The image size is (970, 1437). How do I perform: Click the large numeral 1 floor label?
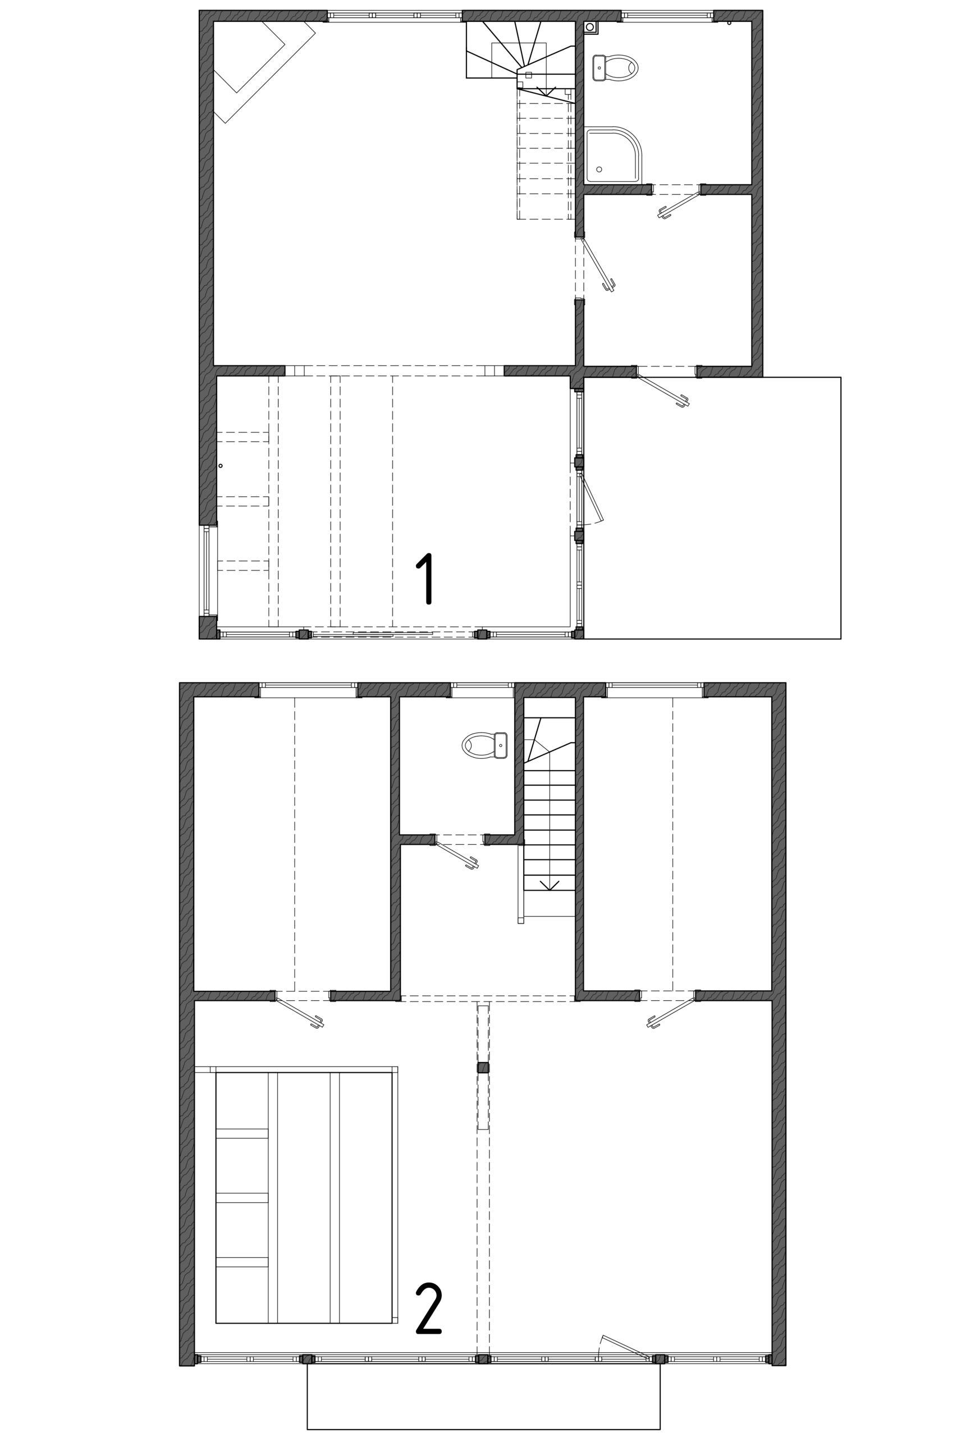point(425,578)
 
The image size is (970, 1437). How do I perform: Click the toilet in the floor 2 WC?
point(484,745)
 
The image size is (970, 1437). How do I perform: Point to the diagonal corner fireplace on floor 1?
point(264,72)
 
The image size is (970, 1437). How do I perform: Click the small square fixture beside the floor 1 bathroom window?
point(591,27)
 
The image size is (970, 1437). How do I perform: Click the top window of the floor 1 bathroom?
point(667,16)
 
